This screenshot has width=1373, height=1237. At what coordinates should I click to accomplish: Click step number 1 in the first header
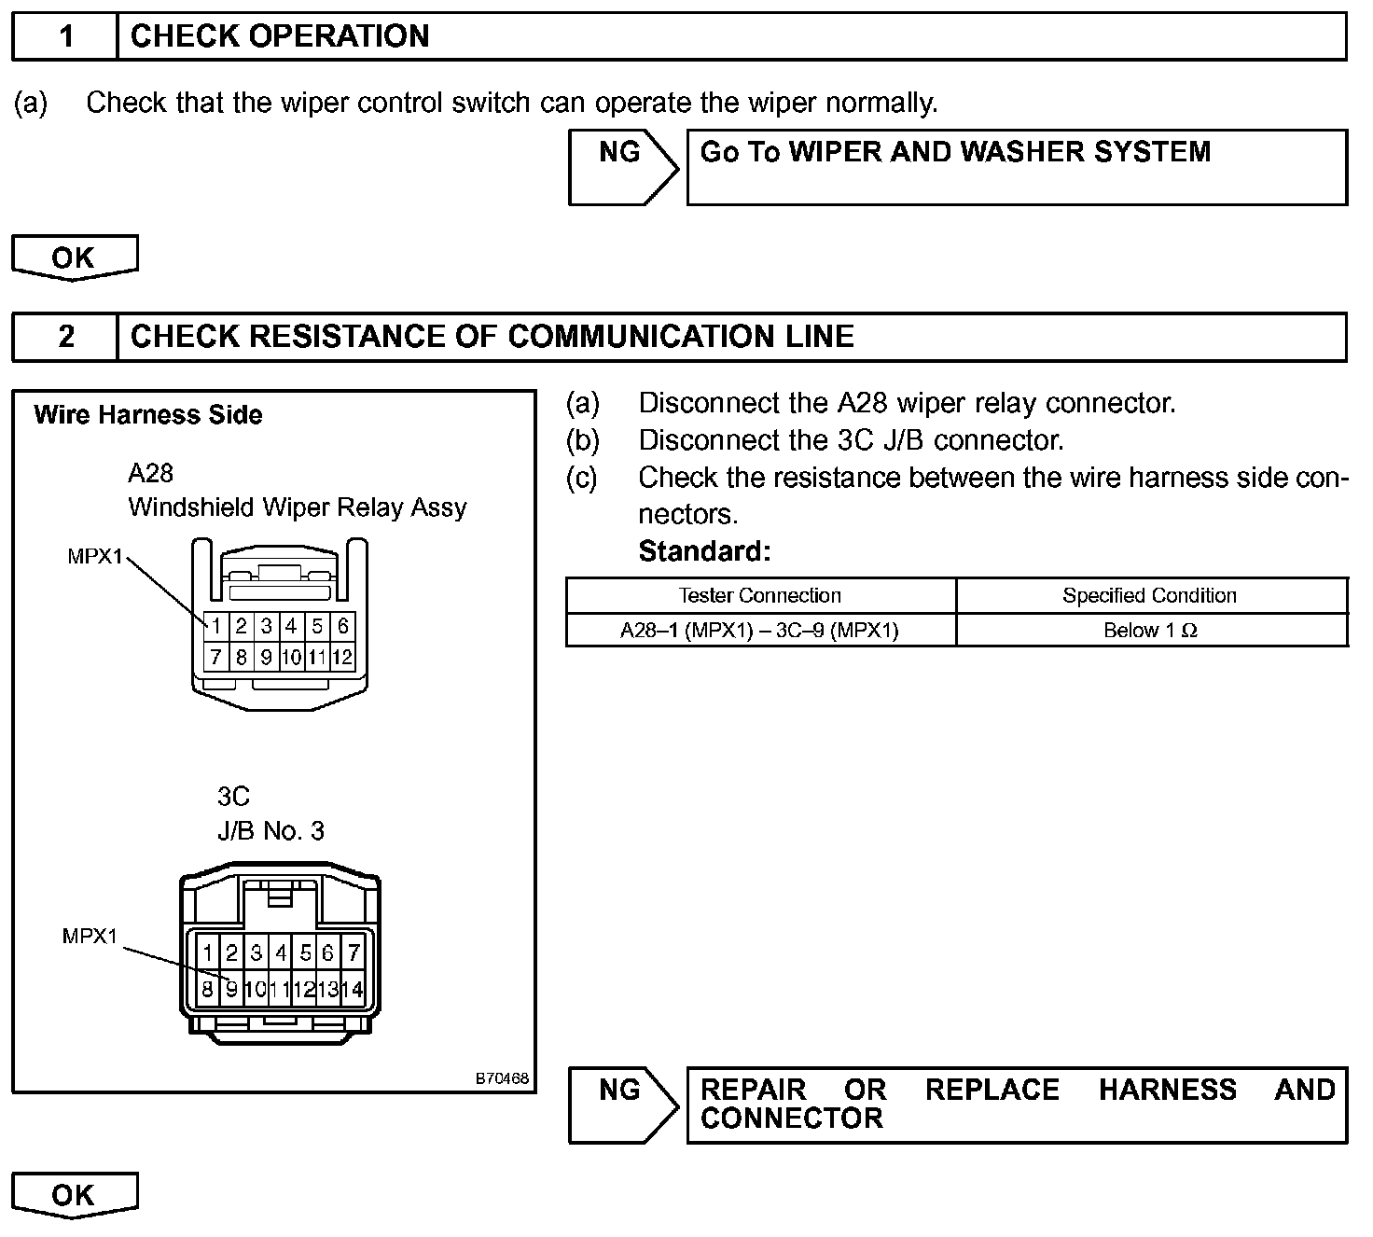click(x=65, y=36)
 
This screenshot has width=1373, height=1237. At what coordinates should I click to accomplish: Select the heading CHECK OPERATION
click(x=279, y=36)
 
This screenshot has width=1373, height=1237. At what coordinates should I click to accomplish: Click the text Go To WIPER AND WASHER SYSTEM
click(x=954, y=152)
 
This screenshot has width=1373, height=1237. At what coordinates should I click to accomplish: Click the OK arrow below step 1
click(x=74, y=257)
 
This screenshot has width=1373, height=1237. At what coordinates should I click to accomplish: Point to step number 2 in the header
click(x=65, y=337)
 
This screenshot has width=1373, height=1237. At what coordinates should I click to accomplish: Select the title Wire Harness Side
click(x=148, y=415)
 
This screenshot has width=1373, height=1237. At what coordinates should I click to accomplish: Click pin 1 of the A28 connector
click(x=215, y=626)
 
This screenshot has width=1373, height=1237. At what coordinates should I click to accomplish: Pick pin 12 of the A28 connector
click(x=342, y=657)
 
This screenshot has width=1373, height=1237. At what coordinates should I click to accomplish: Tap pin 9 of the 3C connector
click(x=231, y=989)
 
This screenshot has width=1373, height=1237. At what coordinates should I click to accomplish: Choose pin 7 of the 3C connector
click(x=354, y=953)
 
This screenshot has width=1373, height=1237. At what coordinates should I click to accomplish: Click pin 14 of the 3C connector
click(x=353, y=989)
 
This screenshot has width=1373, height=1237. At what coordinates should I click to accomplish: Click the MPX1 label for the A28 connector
click(x=94, y=557)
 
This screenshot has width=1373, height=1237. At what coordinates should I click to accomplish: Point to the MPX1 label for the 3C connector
click(x=90, y=936)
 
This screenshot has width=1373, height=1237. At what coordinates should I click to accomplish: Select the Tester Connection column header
click(x=759, y=595)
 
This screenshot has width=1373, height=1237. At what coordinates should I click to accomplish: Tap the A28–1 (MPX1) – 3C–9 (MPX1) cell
click(x=759, y=631)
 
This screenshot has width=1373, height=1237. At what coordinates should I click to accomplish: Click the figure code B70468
click(x=502, y=1078)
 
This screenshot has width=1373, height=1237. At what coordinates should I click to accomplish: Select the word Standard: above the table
click(x=704, y=551)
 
